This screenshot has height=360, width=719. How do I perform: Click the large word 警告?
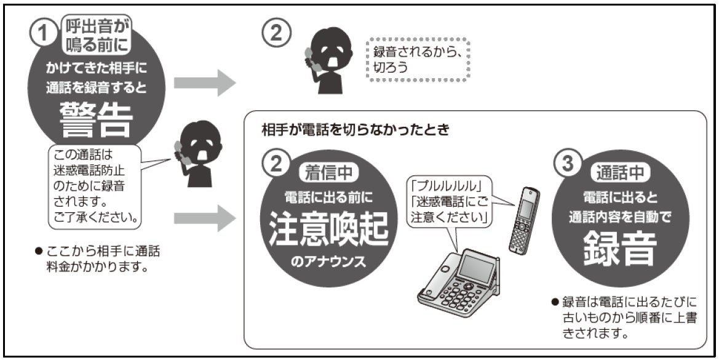pos(97,118)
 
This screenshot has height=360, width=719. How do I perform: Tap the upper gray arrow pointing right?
pos(204,84)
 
